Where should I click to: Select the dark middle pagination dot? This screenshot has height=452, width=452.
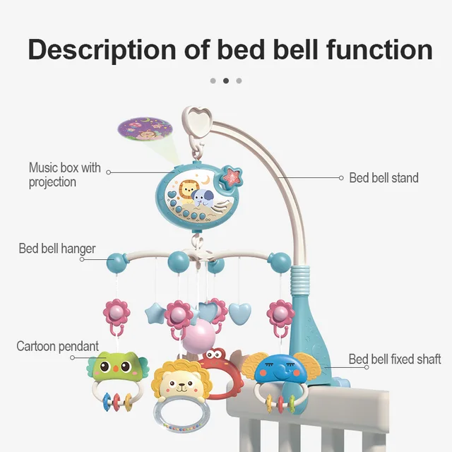pyautogui.click(x=226, y=81)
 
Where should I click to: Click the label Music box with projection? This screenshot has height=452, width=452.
pyautogui.click(x=64, y=174)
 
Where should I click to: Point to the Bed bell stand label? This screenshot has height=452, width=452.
pyautogui.click(x=383, y=178)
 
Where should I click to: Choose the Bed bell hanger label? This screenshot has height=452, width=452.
pyautogui.click(x=57, y=249)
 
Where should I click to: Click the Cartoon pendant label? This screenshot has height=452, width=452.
pyautogui.click(x=58, y=346)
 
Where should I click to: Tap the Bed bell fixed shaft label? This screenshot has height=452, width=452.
pyautogui.click(x=394, y=359)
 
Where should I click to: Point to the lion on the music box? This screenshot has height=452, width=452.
pyautogui.click(x=186, y=192)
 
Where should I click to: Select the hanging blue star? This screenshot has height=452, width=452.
pyautogui.click(x=155, y=314)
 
